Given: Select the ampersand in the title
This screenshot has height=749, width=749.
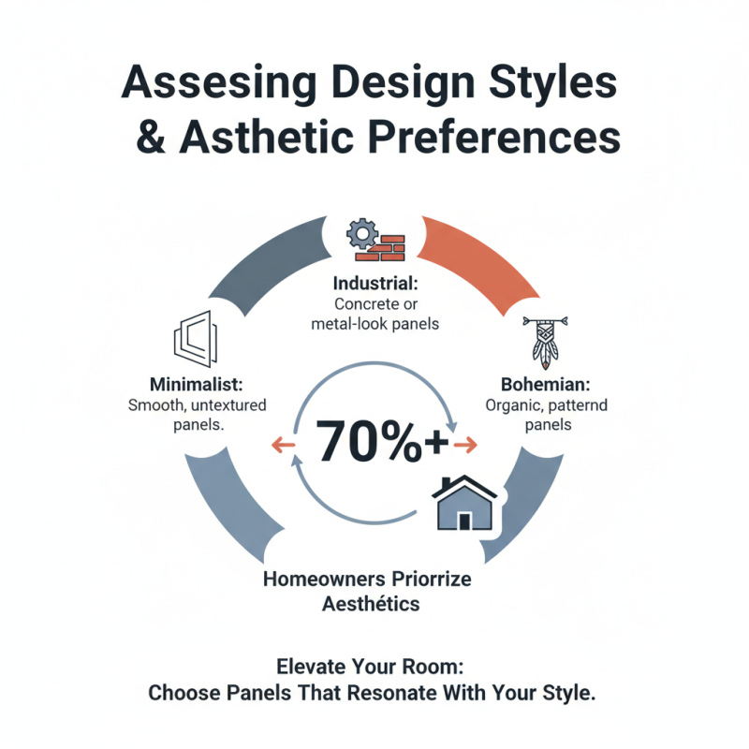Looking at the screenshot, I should (x=153, y=136).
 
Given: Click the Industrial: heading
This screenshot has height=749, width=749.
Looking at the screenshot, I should (x=374, y=283).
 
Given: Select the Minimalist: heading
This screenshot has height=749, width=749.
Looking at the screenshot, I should (x=198, y=385).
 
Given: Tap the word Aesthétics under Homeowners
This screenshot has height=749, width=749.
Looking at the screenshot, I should (x=371, y=605).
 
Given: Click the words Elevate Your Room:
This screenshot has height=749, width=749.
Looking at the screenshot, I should (x=371, y=668).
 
